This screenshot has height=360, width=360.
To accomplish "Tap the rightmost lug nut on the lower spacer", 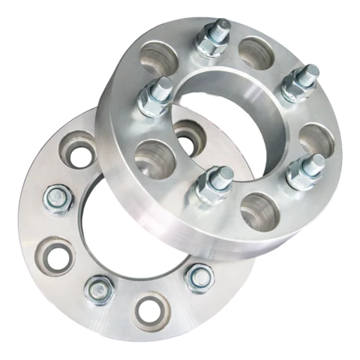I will [x=199, y=277].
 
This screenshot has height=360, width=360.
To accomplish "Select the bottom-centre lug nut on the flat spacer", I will [x=99, y=289].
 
